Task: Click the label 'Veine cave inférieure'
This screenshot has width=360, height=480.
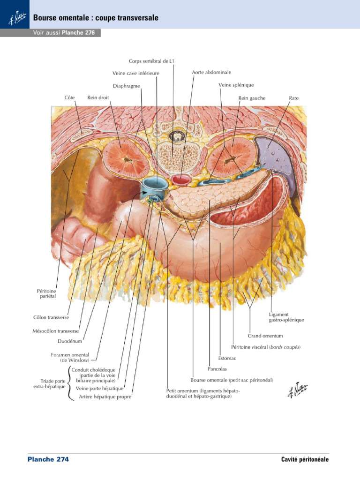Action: [x=136, y=73]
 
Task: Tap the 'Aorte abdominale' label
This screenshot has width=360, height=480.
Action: [x=211, y=72]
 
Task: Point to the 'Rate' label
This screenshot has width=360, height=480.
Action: [x=293, y=98]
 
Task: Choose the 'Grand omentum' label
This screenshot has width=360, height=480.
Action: [x=265, y=336]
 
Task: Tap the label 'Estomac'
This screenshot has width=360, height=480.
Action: [x=227, y=359]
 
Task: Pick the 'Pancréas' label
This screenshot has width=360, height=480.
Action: [x=217, y=369]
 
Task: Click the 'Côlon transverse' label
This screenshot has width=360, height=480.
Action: [x=51, y=317]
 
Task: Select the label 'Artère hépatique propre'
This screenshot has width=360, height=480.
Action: [x=105, y=397]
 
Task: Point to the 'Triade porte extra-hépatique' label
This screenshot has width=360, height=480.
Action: [x=49, y=384]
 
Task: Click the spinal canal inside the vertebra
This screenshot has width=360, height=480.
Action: [x=176, y=136]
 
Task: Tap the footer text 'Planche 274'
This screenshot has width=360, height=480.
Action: [x=48, y=459]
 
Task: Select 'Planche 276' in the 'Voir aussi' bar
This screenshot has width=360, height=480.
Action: [x=81, y=33]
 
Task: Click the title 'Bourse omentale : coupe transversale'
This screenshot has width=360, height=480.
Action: [x=96, y=18]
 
